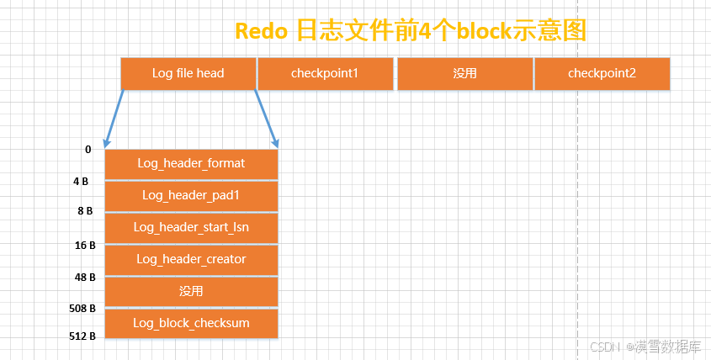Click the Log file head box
[188, 73]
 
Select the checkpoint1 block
[325, 73]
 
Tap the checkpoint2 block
[602, 73]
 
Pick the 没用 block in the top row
[465, 73]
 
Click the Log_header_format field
[191, 164]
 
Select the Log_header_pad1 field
[191, 196]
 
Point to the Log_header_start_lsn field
[191, 228]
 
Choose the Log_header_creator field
[191, 260]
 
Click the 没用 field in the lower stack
[191, 292]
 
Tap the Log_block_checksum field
[191, 323]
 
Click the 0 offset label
[88, 150]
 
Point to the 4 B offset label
[81, 182]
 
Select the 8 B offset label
[85, 211]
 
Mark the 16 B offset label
[85, 246]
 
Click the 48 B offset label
[85, 277]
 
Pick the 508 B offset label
[82, 309]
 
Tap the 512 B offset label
[82, 336]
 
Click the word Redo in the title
[261, 31]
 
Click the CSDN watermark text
[605, 347]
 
